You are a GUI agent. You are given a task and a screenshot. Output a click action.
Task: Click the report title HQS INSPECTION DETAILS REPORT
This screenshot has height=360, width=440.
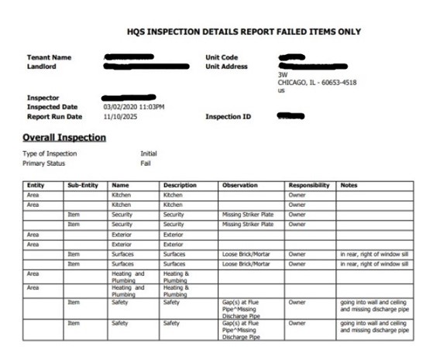(x=243, y=32)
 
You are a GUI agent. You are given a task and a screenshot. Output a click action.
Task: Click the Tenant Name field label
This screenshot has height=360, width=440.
(x=49, y=57)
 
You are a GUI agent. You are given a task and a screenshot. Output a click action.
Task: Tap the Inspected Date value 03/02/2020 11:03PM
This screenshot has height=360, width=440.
(x=133, y=107)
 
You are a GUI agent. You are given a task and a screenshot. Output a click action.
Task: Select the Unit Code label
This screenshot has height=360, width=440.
(x=222, y=57)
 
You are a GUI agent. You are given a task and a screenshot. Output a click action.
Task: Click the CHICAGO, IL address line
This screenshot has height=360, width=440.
(x=317, y=82)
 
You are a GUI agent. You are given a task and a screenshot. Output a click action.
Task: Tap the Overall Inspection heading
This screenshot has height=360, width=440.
(x=64, y=138)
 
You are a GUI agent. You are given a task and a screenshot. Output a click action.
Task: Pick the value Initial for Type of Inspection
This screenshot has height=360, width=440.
(x=149, y=154)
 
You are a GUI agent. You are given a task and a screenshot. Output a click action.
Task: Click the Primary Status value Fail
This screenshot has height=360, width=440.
(x=146, y=163)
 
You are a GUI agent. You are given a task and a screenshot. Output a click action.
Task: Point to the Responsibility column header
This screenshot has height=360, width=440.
(x=309, y=186)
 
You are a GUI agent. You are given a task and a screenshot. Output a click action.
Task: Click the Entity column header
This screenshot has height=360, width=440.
(x=36, y=186)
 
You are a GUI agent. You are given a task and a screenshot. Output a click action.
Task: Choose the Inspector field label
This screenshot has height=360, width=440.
(x=43, y=98)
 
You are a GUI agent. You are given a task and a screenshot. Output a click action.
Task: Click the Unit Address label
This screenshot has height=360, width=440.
(x=226, y=66)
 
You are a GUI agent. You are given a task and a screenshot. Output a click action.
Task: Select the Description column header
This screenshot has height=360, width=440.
(x=180, y=186)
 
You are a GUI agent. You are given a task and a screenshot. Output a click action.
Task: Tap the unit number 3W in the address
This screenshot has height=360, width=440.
(x=283, y=75)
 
